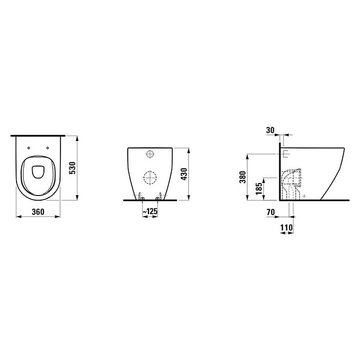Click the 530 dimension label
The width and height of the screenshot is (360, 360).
[x=72, y=168]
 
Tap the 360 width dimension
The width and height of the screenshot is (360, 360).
[x=38, y=212]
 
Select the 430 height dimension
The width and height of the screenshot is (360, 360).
[x=184, y=174]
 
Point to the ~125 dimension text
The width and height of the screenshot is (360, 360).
[x=150, y=211]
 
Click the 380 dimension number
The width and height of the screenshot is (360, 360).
[x=243, y=177]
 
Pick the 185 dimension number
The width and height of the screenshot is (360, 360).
[x=259, y=189]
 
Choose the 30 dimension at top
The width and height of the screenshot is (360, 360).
[x=270, y=130]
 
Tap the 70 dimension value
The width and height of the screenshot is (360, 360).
[x=271, y=212]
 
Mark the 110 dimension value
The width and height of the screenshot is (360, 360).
[x=287, y=228]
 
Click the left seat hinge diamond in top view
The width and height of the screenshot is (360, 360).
[x=28, y=148]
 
